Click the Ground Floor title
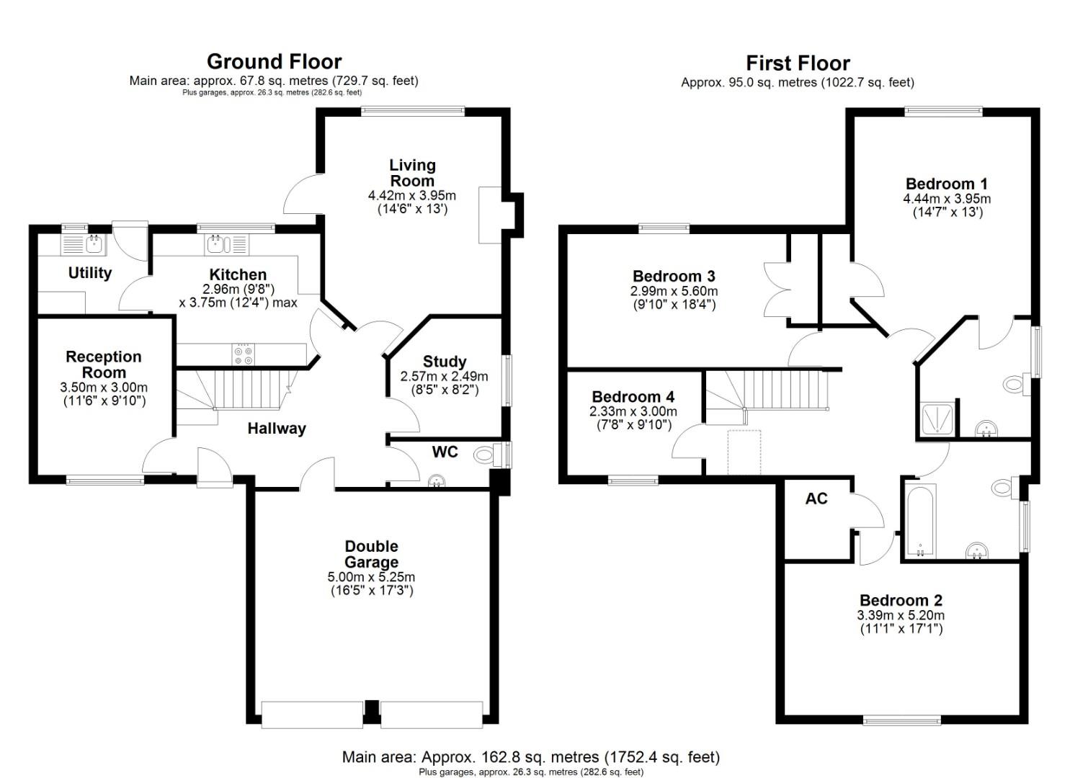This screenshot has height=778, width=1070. [274, 61]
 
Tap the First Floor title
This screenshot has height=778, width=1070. [798, 63]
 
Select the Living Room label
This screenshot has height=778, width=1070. [412, 173]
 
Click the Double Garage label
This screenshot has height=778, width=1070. [371, 554]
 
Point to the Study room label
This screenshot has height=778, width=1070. [444, 362]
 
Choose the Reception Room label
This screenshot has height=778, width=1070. [104, 365]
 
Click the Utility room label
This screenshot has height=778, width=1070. [90, 272]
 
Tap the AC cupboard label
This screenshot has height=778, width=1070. [816, 498]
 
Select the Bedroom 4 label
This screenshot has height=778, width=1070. [633, 397]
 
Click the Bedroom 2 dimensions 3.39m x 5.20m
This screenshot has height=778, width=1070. [901, 615]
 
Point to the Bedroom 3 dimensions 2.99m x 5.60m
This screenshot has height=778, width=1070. [674, 291]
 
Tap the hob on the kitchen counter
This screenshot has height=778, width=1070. [243, 354]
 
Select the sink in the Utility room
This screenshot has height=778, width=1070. [94, 244]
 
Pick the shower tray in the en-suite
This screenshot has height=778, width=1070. [938, 419]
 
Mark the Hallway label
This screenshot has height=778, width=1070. [277, 429]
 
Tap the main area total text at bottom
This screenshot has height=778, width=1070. [530, 757]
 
